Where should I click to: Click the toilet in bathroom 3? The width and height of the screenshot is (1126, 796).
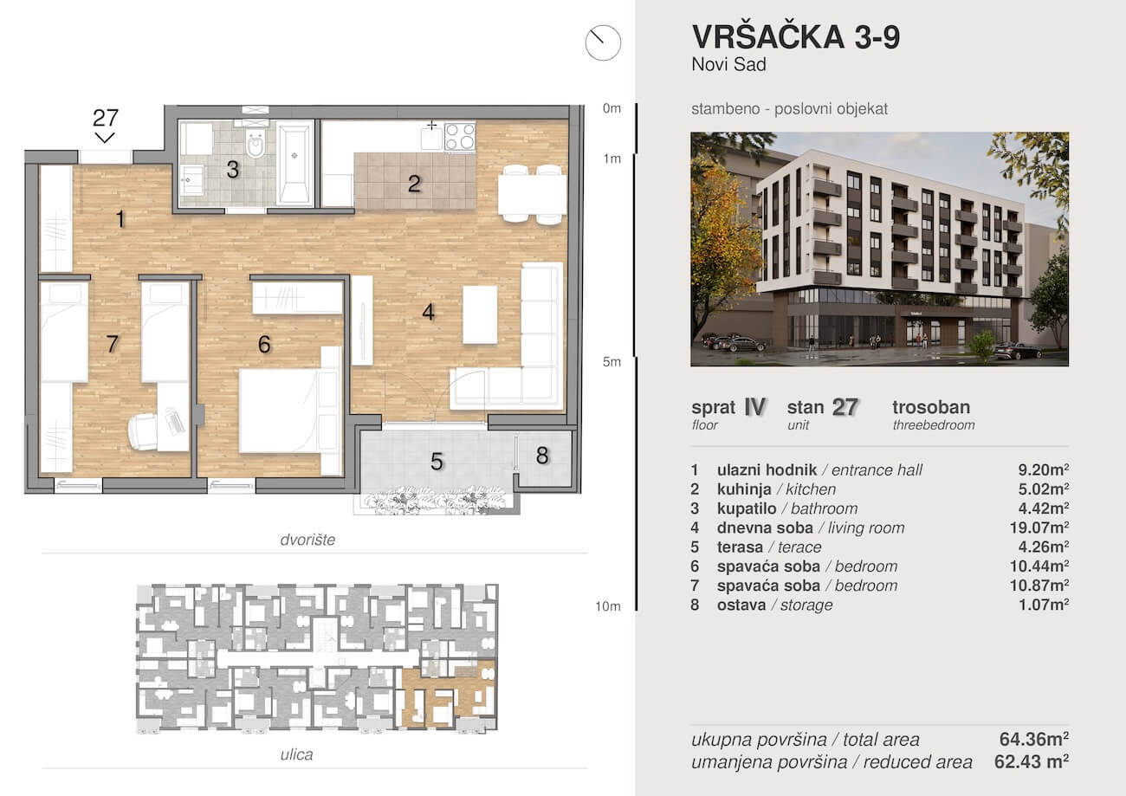click(x=256, y=140)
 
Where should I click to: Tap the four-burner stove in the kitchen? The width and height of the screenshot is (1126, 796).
click(x=460, y=137)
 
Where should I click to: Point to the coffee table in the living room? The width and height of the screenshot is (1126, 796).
click(x=480, y=315)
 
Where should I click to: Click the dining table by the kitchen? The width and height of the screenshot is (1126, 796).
click(x=532, y=194)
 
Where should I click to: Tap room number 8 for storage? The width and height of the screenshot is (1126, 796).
click(x=542, y=456)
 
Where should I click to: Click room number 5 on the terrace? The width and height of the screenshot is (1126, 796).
click(x=437, y=462)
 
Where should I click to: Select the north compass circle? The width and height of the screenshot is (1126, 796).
click(x=603, y=42)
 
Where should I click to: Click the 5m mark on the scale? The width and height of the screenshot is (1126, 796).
click(x=612, y=362)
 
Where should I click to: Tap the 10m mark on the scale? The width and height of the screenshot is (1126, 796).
click(x=608, y=606)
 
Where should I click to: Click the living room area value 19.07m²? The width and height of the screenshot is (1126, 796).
click(x=1039, y=527)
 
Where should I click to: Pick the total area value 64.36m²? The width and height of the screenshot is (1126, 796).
click(x=1034, y=739)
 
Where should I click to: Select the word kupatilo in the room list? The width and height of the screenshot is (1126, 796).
click(x=747, y=508)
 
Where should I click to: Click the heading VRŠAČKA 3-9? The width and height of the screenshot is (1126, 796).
click(x=796, y=36)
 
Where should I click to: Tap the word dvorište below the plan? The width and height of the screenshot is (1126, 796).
click(x=307, y=540)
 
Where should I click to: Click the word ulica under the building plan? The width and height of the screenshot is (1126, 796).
click(x=296, y=754)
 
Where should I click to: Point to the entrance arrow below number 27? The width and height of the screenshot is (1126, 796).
click(x=105, y=138)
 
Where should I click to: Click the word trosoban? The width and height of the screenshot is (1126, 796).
click(x=931, y=407)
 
